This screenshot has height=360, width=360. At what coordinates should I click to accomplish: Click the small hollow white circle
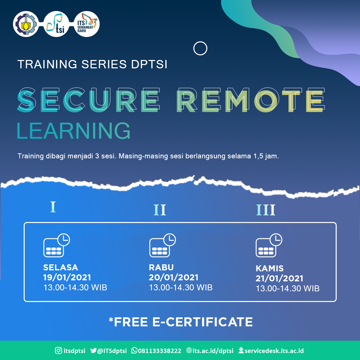(x=200, y=49)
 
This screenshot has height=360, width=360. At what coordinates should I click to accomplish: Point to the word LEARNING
(x=74, y=131)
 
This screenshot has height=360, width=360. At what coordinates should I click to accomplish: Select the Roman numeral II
(x=160, y=210)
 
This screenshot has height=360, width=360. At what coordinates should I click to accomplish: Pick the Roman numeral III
(x=266, y=210)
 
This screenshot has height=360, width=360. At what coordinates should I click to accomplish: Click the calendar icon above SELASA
(x=56, y=246)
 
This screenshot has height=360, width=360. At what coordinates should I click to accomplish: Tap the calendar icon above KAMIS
(x=268, y=246)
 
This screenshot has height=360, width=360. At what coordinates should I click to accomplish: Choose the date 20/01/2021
(x=174, y=277)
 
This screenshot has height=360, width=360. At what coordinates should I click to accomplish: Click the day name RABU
(x=161, y=267)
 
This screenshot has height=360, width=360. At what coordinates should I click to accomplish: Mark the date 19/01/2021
(x=67, y=277)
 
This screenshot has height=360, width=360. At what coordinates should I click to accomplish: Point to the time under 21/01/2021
(x=287, y=288)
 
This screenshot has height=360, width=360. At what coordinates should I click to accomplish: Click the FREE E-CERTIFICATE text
(x=181, y=322)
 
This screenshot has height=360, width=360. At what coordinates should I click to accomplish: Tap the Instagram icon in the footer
(x=58, y=351)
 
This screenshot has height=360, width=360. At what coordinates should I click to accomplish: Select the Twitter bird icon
(x=93, y=351)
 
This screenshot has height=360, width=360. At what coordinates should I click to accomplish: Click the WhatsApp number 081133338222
(x=160, y=351)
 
